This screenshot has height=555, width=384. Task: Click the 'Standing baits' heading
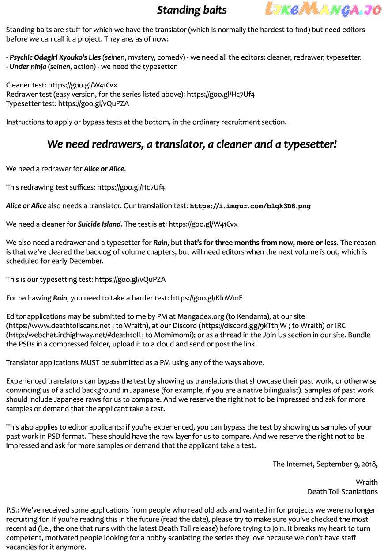[192, 10]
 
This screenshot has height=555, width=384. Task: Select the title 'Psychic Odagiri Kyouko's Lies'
[55, 57]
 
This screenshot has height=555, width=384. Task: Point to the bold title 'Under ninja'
[28, 67]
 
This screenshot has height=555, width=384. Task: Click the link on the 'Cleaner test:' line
[83, 85]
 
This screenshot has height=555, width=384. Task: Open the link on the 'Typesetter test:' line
[94, 103]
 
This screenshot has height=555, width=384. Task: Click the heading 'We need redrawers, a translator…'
[192, 144]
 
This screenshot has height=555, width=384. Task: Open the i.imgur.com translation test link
[250, 206]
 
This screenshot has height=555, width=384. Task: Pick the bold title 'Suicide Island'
[99, 224]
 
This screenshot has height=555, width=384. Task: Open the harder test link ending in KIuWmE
[207, 298]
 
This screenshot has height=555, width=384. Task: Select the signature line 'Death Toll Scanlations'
[343, 491]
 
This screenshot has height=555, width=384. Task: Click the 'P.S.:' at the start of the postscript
[13, 510]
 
